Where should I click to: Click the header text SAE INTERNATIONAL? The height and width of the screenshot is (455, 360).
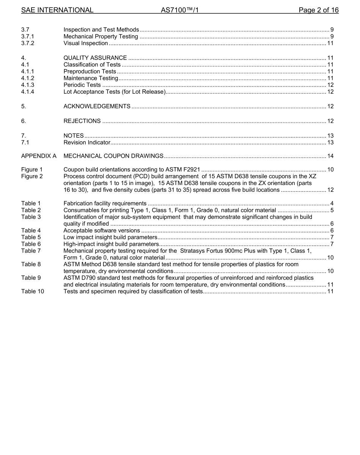57,10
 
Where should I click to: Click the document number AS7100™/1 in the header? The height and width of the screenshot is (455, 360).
180,10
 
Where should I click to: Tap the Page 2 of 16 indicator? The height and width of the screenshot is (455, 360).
318,10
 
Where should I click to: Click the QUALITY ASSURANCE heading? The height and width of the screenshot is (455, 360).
95,58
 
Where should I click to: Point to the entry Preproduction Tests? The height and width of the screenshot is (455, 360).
90,71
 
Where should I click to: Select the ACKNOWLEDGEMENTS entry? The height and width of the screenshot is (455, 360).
97,106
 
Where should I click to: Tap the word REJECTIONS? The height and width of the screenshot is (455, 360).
82,121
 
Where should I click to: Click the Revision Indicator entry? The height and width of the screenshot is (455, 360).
87,143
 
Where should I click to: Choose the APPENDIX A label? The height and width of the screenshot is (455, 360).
39,156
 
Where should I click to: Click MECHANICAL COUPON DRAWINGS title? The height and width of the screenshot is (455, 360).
113,156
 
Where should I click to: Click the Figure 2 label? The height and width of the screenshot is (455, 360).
32,176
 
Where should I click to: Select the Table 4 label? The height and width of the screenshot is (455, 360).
31,231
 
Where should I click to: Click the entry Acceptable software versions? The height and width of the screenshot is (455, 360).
102,231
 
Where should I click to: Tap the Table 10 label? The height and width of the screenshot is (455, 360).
32,291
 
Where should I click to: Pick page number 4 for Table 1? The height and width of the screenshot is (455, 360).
332,203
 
